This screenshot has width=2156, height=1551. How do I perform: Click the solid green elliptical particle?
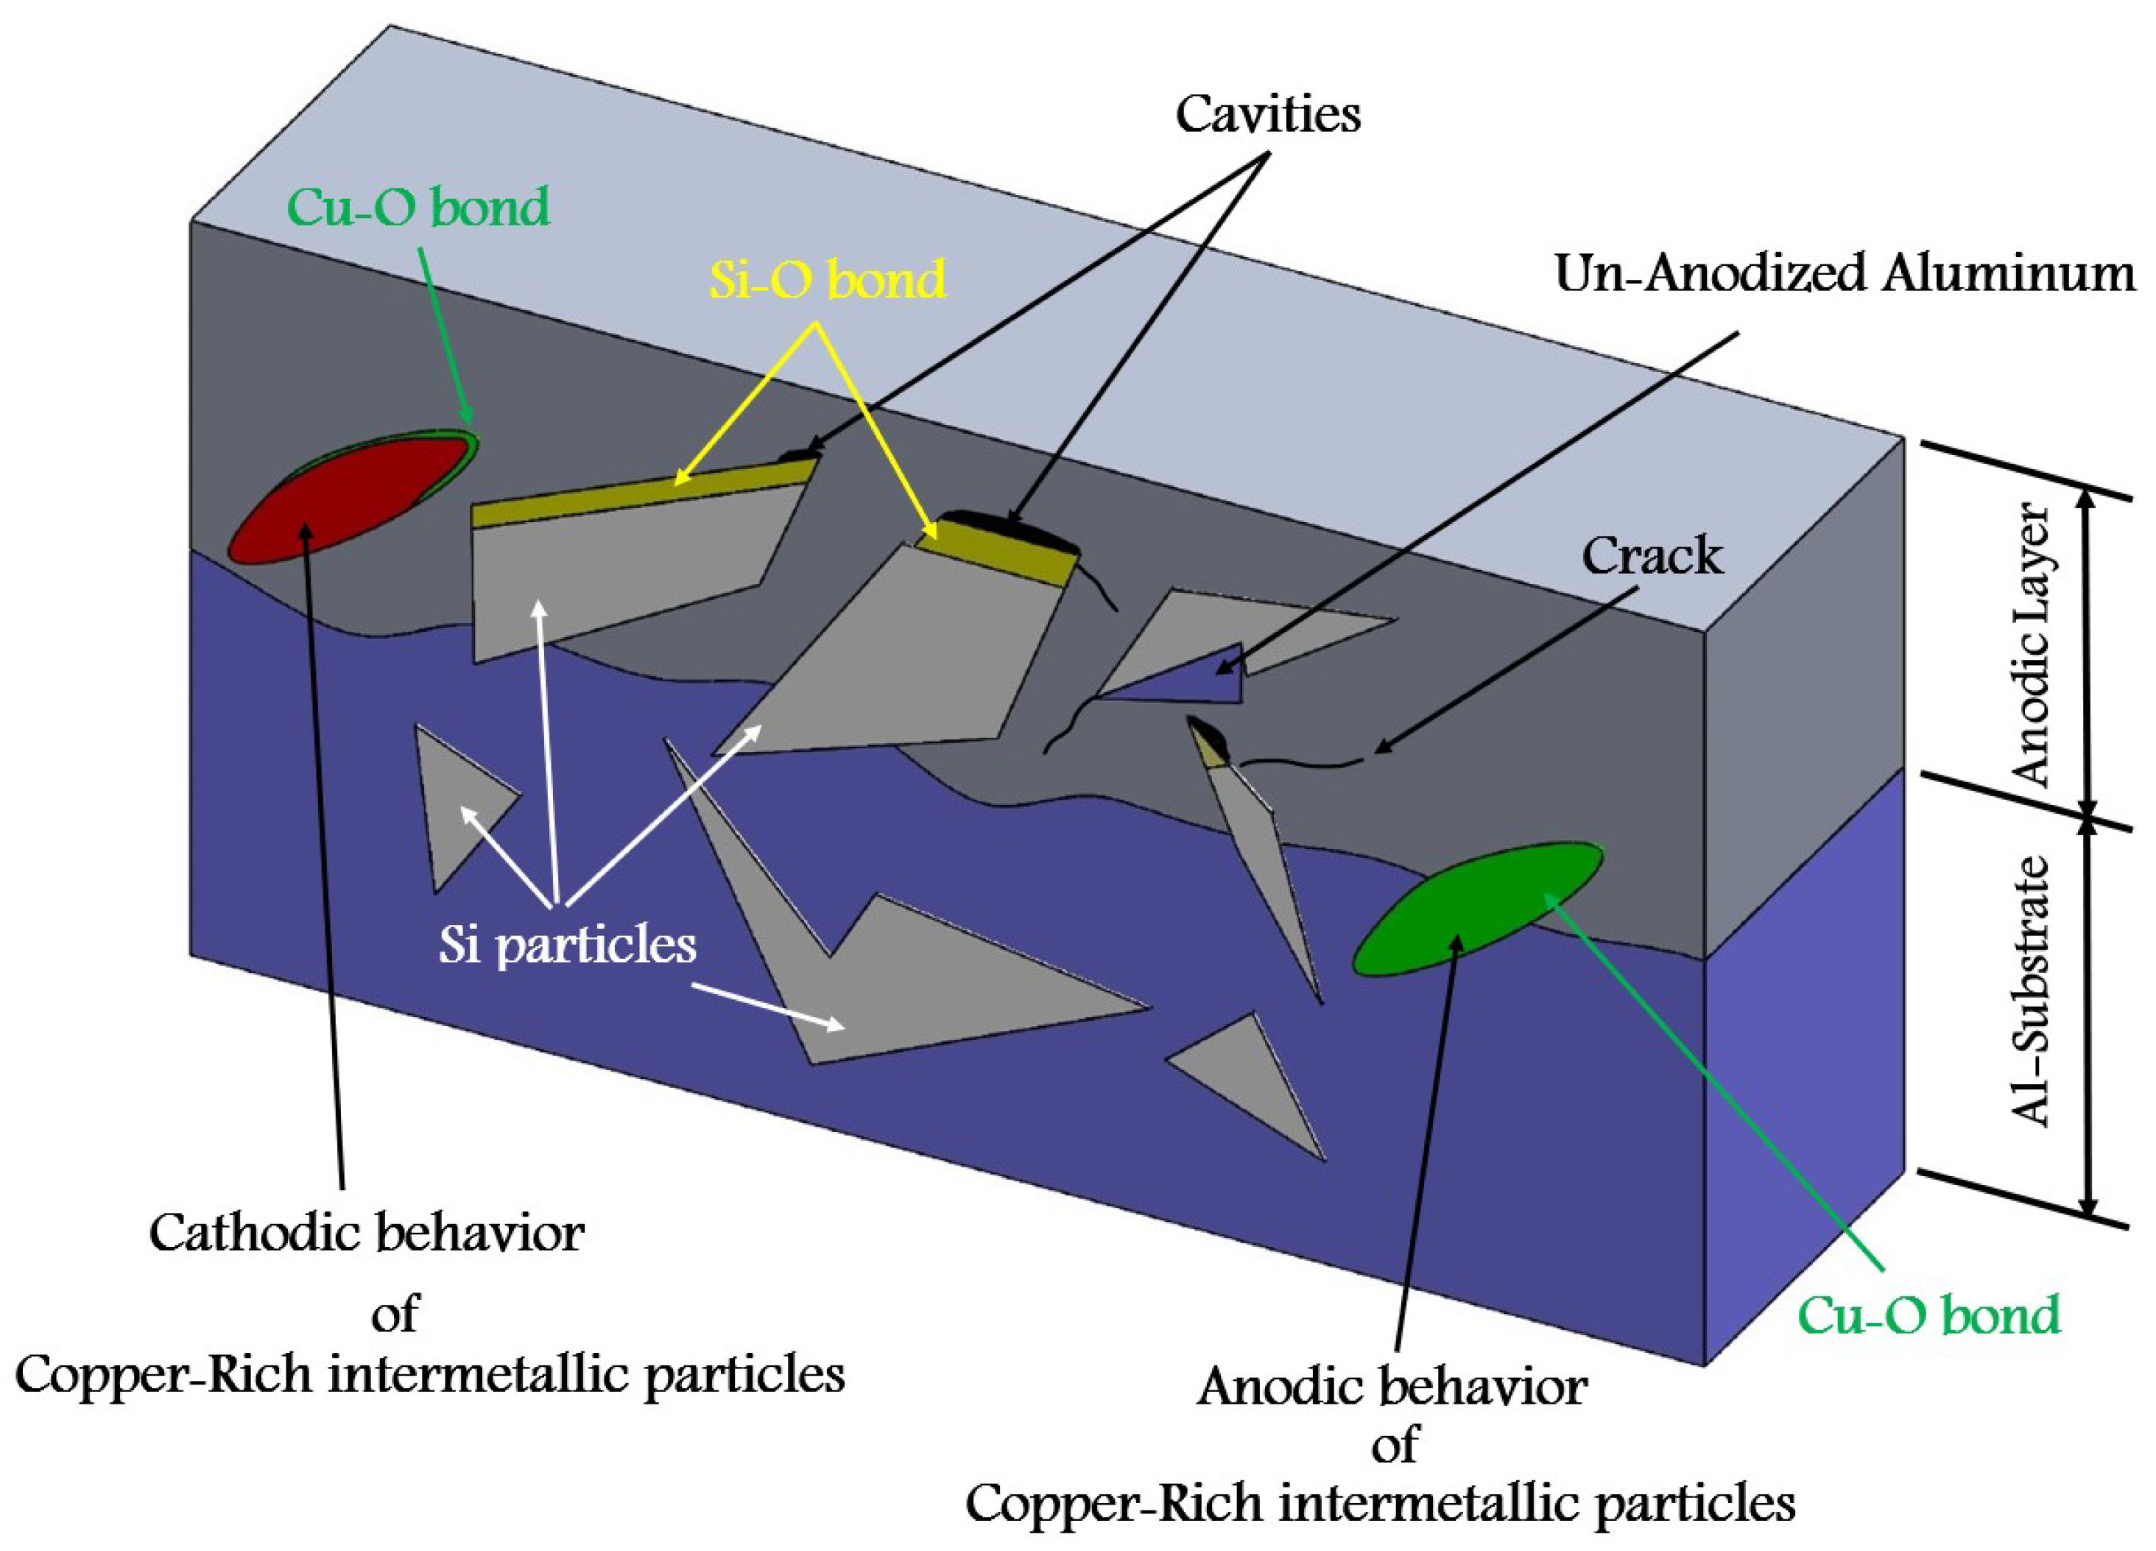1476,908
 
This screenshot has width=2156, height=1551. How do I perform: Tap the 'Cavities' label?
1267,115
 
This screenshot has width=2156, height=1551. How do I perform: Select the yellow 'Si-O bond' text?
827,280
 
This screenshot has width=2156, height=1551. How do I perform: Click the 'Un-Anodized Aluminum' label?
1845,274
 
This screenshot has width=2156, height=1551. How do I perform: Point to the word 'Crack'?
1651,555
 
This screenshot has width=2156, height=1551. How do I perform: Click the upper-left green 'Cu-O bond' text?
418,206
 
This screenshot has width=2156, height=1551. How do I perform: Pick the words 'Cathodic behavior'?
367,1234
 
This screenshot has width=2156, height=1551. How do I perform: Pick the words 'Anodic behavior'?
1392,1387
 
